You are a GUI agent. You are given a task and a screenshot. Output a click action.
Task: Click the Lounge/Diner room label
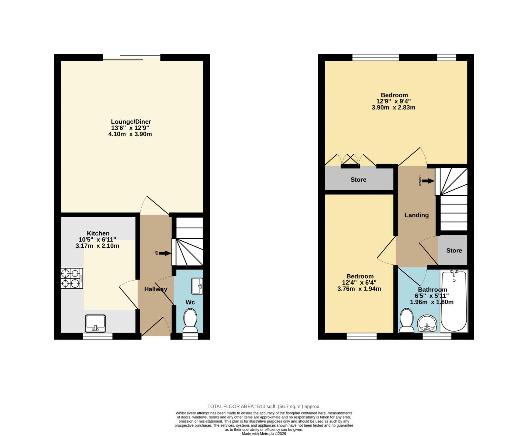pos(131,122)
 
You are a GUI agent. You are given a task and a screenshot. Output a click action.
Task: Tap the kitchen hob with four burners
pos(71,278)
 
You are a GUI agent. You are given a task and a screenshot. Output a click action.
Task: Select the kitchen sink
pos(95,324)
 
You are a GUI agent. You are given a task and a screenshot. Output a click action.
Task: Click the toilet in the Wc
pos(190,320)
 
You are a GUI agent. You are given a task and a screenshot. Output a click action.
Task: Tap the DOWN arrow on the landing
pos(428,181)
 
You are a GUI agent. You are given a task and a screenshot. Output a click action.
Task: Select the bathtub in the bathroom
pos(454,301)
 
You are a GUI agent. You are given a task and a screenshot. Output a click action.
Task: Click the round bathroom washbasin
pos(427,323)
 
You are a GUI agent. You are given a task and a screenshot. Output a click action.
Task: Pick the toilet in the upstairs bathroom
pos(407,320)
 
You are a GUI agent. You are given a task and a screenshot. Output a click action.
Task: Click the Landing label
pos(417,215)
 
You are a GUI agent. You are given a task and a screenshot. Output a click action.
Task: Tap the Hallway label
pos(156,289)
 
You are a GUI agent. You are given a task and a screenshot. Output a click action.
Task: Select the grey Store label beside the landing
pos(454,251)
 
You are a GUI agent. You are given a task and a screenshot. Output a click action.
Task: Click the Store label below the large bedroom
pos(358,179)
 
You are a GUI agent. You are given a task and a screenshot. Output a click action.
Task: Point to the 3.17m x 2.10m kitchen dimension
pos(97,246)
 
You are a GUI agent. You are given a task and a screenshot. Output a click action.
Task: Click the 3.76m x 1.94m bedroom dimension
pos(359,289)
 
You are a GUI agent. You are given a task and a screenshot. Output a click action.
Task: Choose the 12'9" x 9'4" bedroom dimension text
pos(394,101)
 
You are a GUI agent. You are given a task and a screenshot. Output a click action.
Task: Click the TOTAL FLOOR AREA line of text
pos(264,407)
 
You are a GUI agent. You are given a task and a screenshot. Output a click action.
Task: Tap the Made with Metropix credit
pos(264,434)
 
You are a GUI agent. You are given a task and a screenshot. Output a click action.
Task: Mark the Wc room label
pos(190,302)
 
